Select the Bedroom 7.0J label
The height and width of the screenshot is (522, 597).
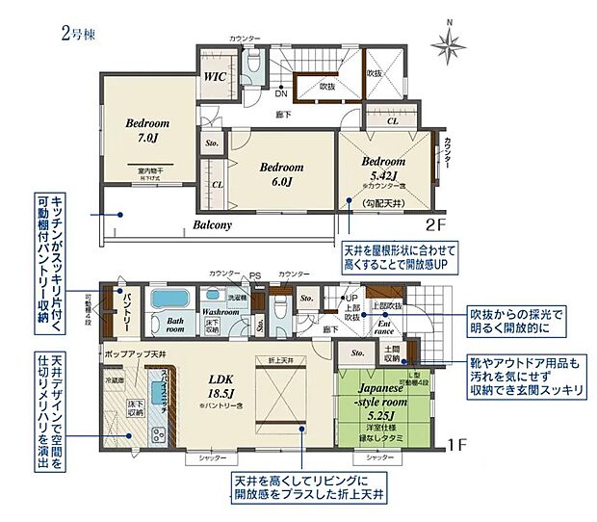[x=146, y=131]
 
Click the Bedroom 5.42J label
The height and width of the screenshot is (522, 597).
[x=384, y=170]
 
